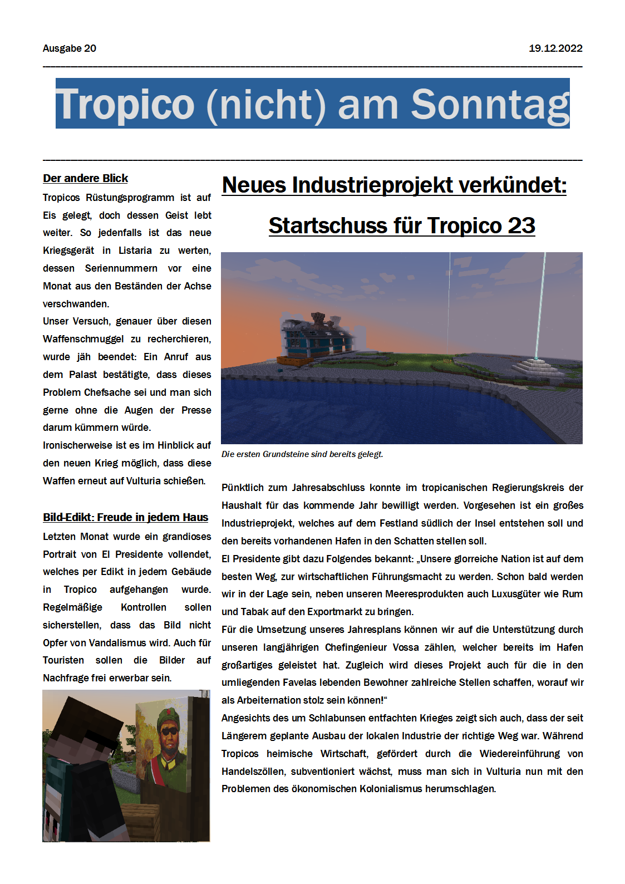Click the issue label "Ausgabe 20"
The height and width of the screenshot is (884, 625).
(70, 48)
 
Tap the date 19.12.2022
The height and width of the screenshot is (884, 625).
(555, 48)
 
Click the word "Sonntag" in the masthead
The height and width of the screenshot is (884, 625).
(490, 104)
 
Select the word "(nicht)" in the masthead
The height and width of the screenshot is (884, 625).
(266, 104)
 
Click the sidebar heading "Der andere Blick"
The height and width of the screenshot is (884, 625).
(86, 178)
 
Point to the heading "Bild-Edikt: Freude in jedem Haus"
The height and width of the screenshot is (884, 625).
(126, 517)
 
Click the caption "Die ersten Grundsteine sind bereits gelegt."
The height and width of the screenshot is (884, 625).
(302, 454)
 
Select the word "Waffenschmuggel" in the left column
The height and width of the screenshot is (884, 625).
(83, 339)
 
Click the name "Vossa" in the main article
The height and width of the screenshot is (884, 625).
(406, 647)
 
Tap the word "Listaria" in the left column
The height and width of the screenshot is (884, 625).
(135, 251)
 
